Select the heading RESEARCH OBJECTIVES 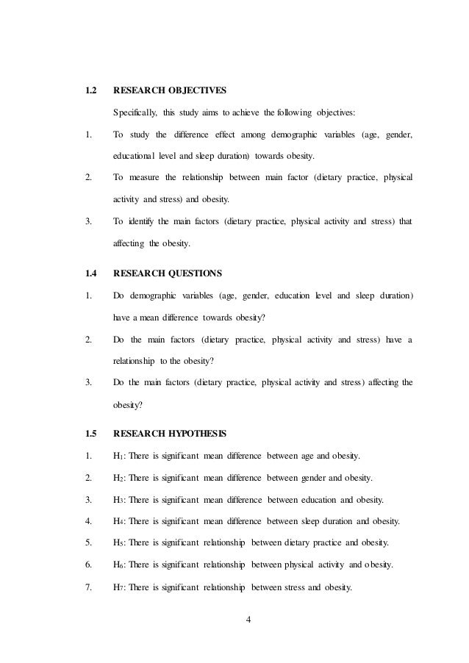[169, 92]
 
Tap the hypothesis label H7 [118, 587]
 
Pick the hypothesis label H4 [118, 522]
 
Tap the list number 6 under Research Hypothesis [88, 565]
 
